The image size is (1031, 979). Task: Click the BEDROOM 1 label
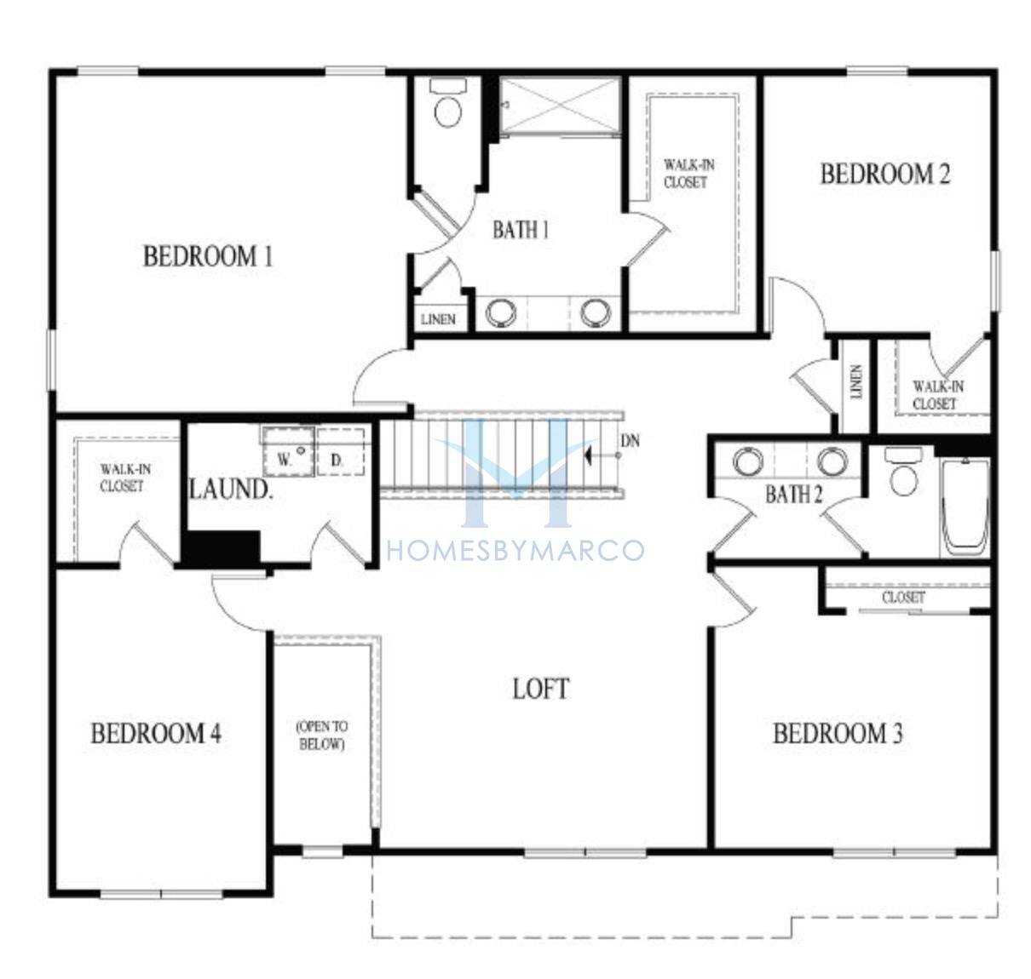[208, 257]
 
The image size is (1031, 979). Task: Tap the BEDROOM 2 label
[884, 174]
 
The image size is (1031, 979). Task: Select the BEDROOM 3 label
[838, 733]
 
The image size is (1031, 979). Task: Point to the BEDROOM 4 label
[156, 733]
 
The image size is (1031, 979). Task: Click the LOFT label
[541, 690]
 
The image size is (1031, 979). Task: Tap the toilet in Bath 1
[448, 103]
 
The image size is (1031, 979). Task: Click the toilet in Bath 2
[903, 470]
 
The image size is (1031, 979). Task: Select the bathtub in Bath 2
[965, 507]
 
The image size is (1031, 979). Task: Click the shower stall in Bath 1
[560, 106]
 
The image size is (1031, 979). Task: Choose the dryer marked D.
[341, 452]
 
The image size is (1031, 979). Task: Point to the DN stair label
[630, 441]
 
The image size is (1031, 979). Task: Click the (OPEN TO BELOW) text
[321, 736]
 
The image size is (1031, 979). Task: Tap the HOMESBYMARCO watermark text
[515, 551]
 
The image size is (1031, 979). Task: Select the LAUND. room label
[230, 489]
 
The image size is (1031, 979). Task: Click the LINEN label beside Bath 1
[439, 319]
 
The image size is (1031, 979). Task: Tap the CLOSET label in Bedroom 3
[903, 597]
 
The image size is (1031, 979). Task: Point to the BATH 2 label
[793, 494]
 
